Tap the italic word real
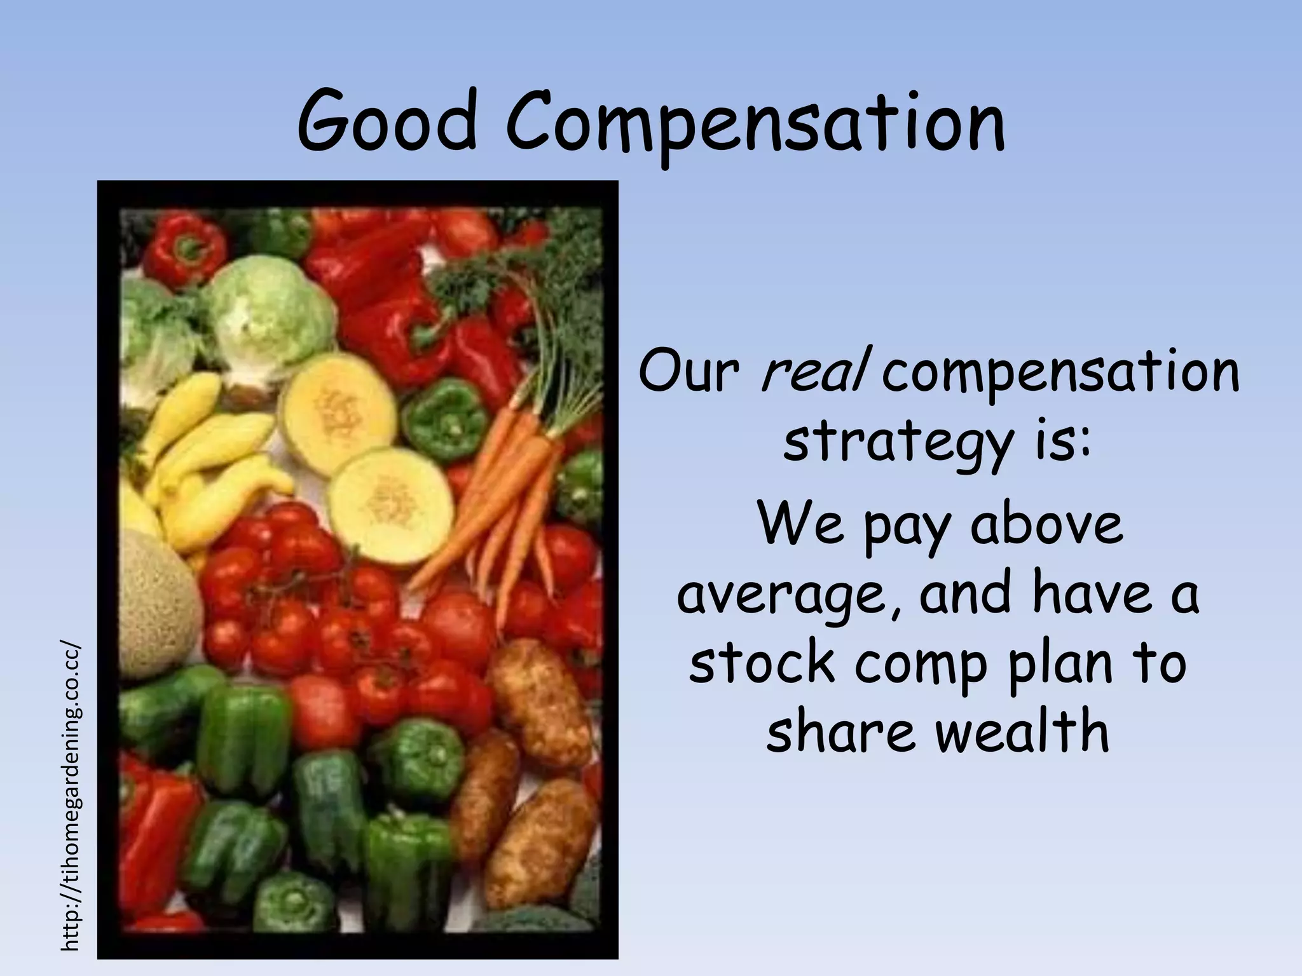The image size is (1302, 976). coord(814,371)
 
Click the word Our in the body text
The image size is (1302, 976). coord(689,371)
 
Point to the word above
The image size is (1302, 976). coord(1046,525)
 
